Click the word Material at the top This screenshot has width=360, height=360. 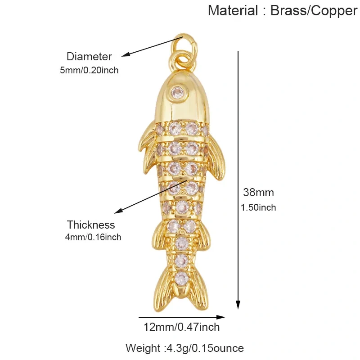[x=233, y=10]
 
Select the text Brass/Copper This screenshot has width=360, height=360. [x=314, y=11]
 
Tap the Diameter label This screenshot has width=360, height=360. [x=89, y=57]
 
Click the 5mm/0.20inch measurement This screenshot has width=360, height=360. [x=89, y=70]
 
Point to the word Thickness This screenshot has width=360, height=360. [x=91, y=225]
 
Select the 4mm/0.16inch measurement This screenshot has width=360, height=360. [x=93, y=237]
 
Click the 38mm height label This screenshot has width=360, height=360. [x=258, y=193]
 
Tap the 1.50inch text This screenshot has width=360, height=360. [x=258, y=207]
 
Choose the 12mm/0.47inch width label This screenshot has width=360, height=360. [x=182, y=327]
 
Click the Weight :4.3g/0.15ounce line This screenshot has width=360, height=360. [x=184, y=348]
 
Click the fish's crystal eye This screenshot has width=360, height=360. [x=178, y=93]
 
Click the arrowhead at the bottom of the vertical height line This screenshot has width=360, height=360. [x=238, y=305]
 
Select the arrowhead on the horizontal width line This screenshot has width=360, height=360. [x=220, y=317]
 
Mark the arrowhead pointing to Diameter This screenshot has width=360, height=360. [x=126, y=54]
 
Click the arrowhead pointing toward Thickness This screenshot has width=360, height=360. [x=118, y=211]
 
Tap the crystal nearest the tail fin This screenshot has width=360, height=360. [x=182, y=278]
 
